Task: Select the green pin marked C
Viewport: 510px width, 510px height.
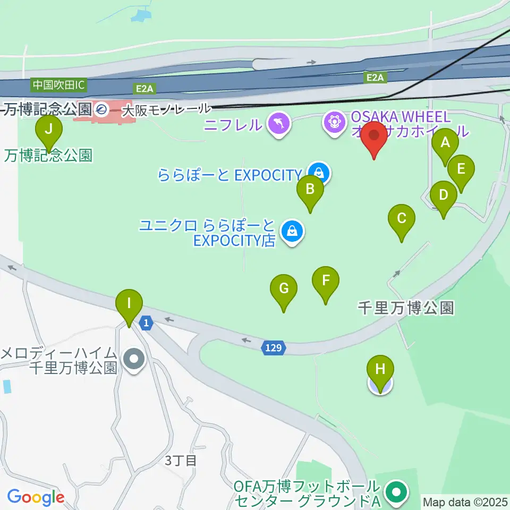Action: click(402, 218)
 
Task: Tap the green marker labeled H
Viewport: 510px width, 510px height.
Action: click(380, 370)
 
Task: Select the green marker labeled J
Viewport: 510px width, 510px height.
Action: click(49, 129)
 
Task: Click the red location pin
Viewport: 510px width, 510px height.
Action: click(375, 136)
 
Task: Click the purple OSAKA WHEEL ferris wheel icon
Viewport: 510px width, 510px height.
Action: click(335, 123)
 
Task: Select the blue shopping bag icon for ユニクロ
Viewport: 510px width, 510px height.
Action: click(292, 232)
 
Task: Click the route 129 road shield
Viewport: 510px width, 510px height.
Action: click(274, 348)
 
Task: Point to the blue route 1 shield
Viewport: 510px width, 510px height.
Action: click(146, 322)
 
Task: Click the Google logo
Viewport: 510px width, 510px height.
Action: click(36, 497)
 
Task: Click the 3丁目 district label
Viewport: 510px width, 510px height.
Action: click(181, 461)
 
